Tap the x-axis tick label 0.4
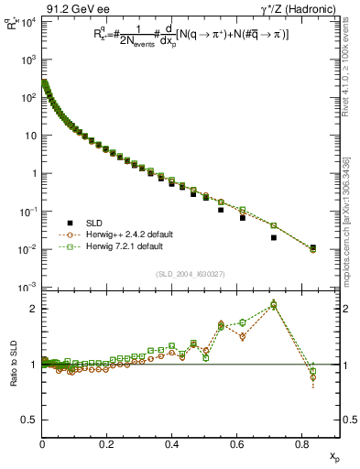pyautogui.click(x=171, y=443)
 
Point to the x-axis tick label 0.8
pyautogui.click(x=301, y=443)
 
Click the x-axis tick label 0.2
pyautogui.click(x=107, y=443)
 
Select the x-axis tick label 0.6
pyautogui.click(x=236, y=443)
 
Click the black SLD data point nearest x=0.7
pyautogui.click(x=274, y=238)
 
